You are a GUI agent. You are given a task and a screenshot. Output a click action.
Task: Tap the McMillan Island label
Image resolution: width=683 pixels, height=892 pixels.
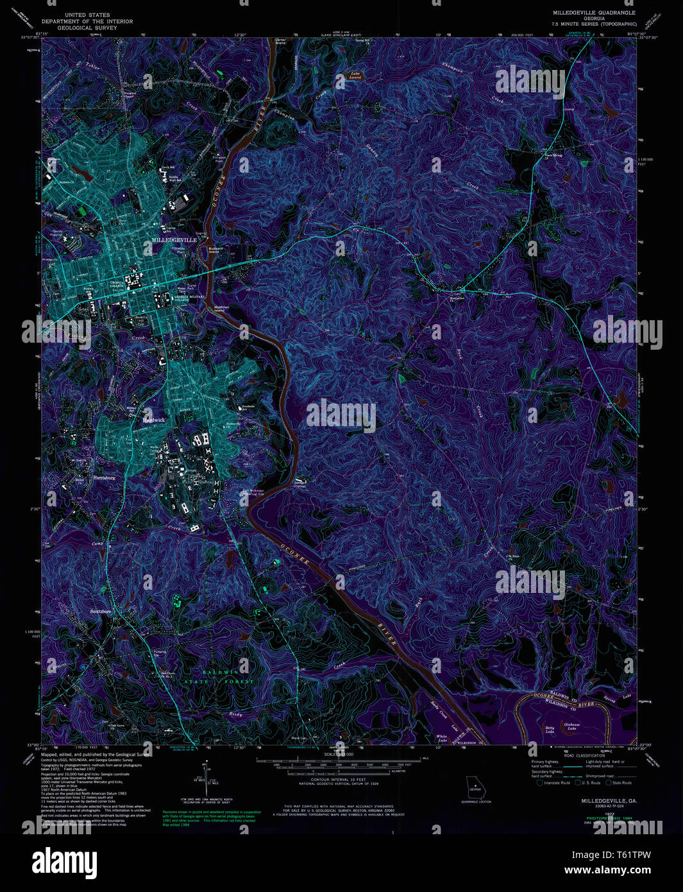tap(220, 309)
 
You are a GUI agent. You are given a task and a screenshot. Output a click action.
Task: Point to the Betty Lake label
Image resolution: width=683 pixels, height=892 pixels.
tap(550, 730)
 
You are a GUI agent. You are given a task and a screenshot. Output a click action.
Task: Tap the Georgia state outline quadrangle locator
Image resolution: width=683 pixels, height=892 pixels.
tap(475, 787)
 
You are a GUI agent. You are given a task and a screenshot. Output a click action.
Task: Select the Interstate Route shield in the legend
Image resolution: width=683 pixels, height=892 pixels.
tap(540, 782)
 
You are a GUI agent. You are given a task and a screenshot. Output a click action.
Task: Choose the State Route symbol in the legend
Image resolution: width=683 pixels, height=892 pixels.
tap(609, 782)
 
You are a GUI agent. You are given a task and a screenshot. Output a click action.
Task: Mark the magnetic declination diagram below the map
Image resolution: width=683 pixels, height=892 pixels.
tap(207, 778)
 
